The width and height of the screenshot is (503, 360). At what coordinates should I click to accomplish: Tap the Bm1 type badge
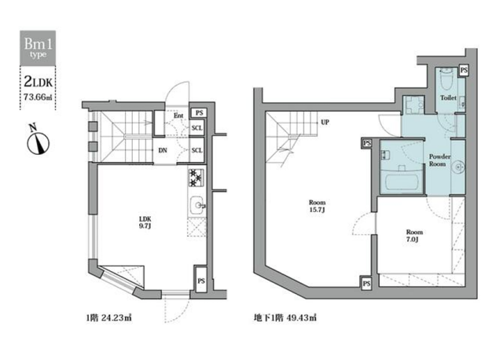[38, 48]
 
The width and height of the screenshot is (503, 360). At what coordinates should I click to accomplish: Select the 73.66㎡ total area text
[38, 97]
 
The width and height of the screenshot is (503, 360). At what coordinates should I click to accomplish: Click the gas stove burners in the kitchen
[196, 178]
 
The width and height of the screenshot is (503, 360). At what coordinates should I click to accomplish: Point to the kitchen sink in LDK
[197, 205]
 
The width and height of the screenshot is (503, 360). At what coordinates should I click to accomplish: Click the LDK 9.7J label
[145, 222]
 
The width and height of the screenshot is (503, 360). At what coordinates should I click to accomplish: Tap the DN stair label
[163, 150]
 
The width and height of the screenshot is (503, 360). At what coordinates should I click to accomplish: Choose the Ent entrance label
[178, 116]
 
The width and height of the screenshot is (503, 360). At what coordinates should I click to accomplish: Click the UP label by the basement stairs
[325, 123]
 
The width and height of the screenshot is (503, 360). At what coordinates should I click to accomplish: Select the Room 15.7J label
[317, 206]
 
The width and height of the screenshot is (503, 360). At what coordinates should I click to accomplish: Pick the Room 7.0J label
[414, 236]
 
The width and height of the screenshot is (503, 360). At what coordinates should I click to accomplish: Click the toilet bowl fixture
[446, 79]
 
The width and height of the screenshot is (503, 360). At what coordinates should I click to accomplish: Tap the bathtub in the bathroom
[402, 182]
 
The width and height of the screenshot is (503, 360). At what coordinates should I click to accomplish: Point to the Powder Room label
[439, 160]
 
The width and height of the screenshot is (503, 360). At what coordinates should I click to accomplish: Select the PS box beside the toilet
[464, 70]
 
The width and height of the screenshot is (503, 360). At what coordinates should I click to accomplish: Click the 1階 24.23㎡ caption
[108, 318]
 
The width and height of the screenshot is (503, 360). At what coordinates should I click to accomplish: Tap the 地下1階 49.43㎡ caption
[285, 318]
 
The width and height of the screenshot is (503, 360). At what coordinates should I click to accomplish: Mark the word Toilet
[448, 97]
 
